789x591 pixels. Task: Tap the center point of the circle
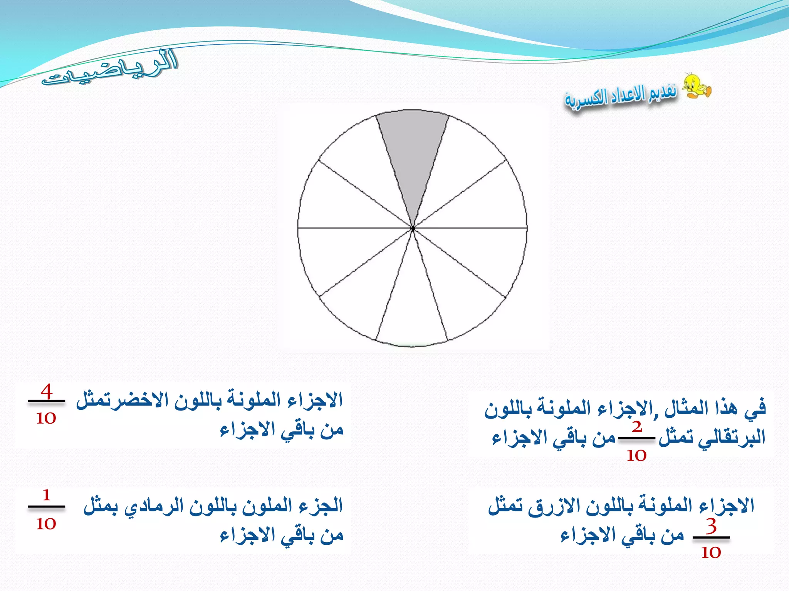413,229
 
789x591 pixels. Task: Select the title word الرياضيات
110,69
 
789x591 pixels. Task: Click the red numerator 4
47,392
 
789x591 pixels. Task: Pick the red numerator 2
637,427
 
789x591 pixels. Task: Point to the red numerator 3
711,526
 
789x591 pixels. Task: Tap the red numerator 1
47,495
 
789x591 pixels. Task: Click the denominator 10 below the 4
46,418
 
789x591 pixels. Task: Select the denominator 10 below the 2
636,456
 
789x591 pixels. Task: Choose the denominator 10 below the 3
711,553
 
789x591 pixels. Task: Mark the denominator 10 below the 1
46,523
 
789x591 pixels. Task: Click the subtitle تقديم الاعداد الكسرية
621,96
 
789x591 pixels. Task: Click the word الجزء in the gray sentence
321,506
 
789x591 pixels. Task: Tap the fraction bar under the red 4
47,401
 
